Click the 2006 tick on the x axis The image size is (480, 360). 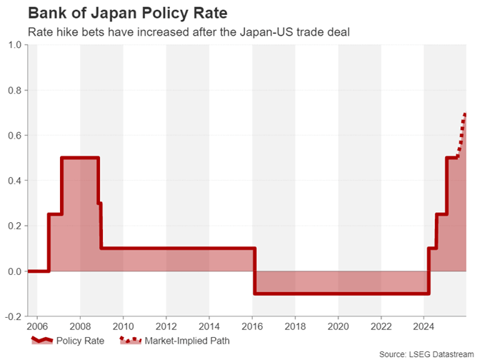(x=37, y=327)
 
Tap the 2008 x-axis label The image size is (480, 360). (x=80, y=327)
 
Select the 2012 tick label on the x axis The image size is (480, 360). (x=166, y=327)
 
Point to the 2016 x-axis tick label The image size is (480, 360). (x=252, y=327)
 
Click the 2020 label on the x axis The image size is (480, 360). (x=338, y=327)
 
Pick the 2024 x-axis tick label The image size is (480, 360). (x=424, y=327)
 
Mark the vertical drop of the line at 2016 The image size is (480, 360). (x=255, y=271)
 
